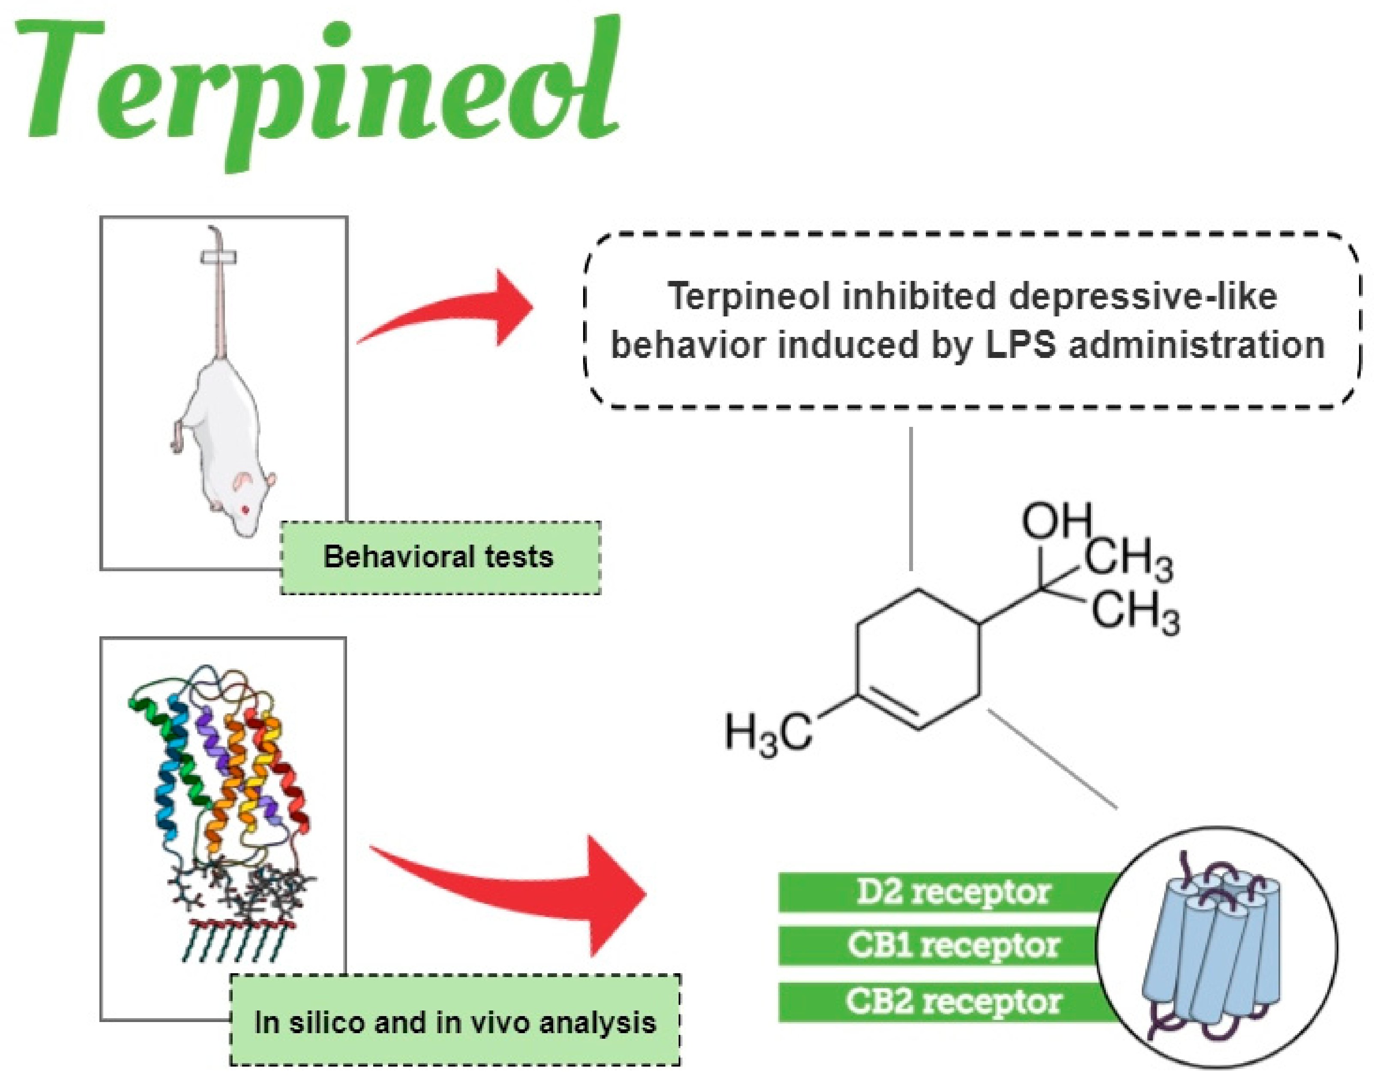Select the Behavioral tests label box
(440, 557)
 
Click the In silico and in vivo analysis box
(455, 1022)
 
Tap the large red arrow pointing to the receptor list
(524, 891)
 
